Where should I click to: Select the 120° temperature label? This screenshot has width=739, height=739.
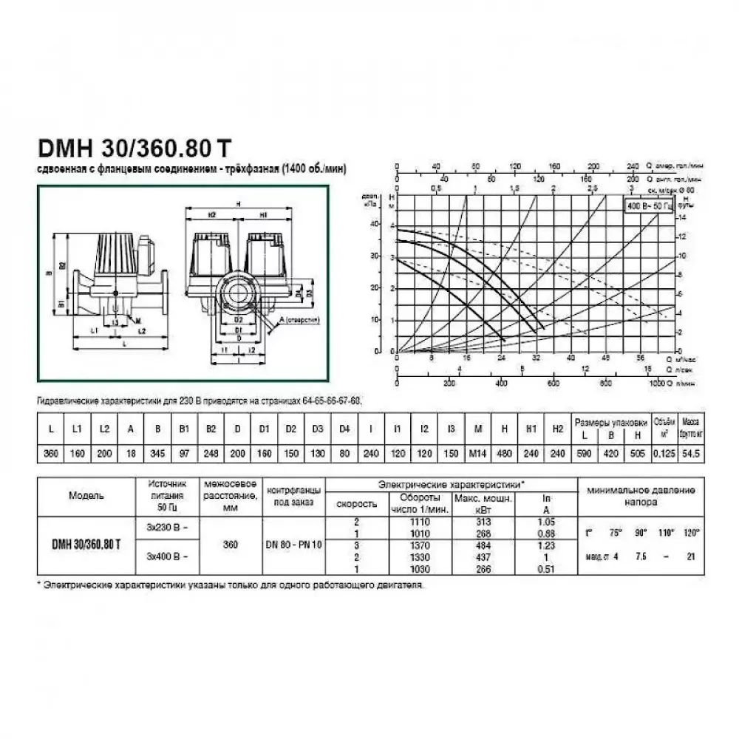pos(691,533)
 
